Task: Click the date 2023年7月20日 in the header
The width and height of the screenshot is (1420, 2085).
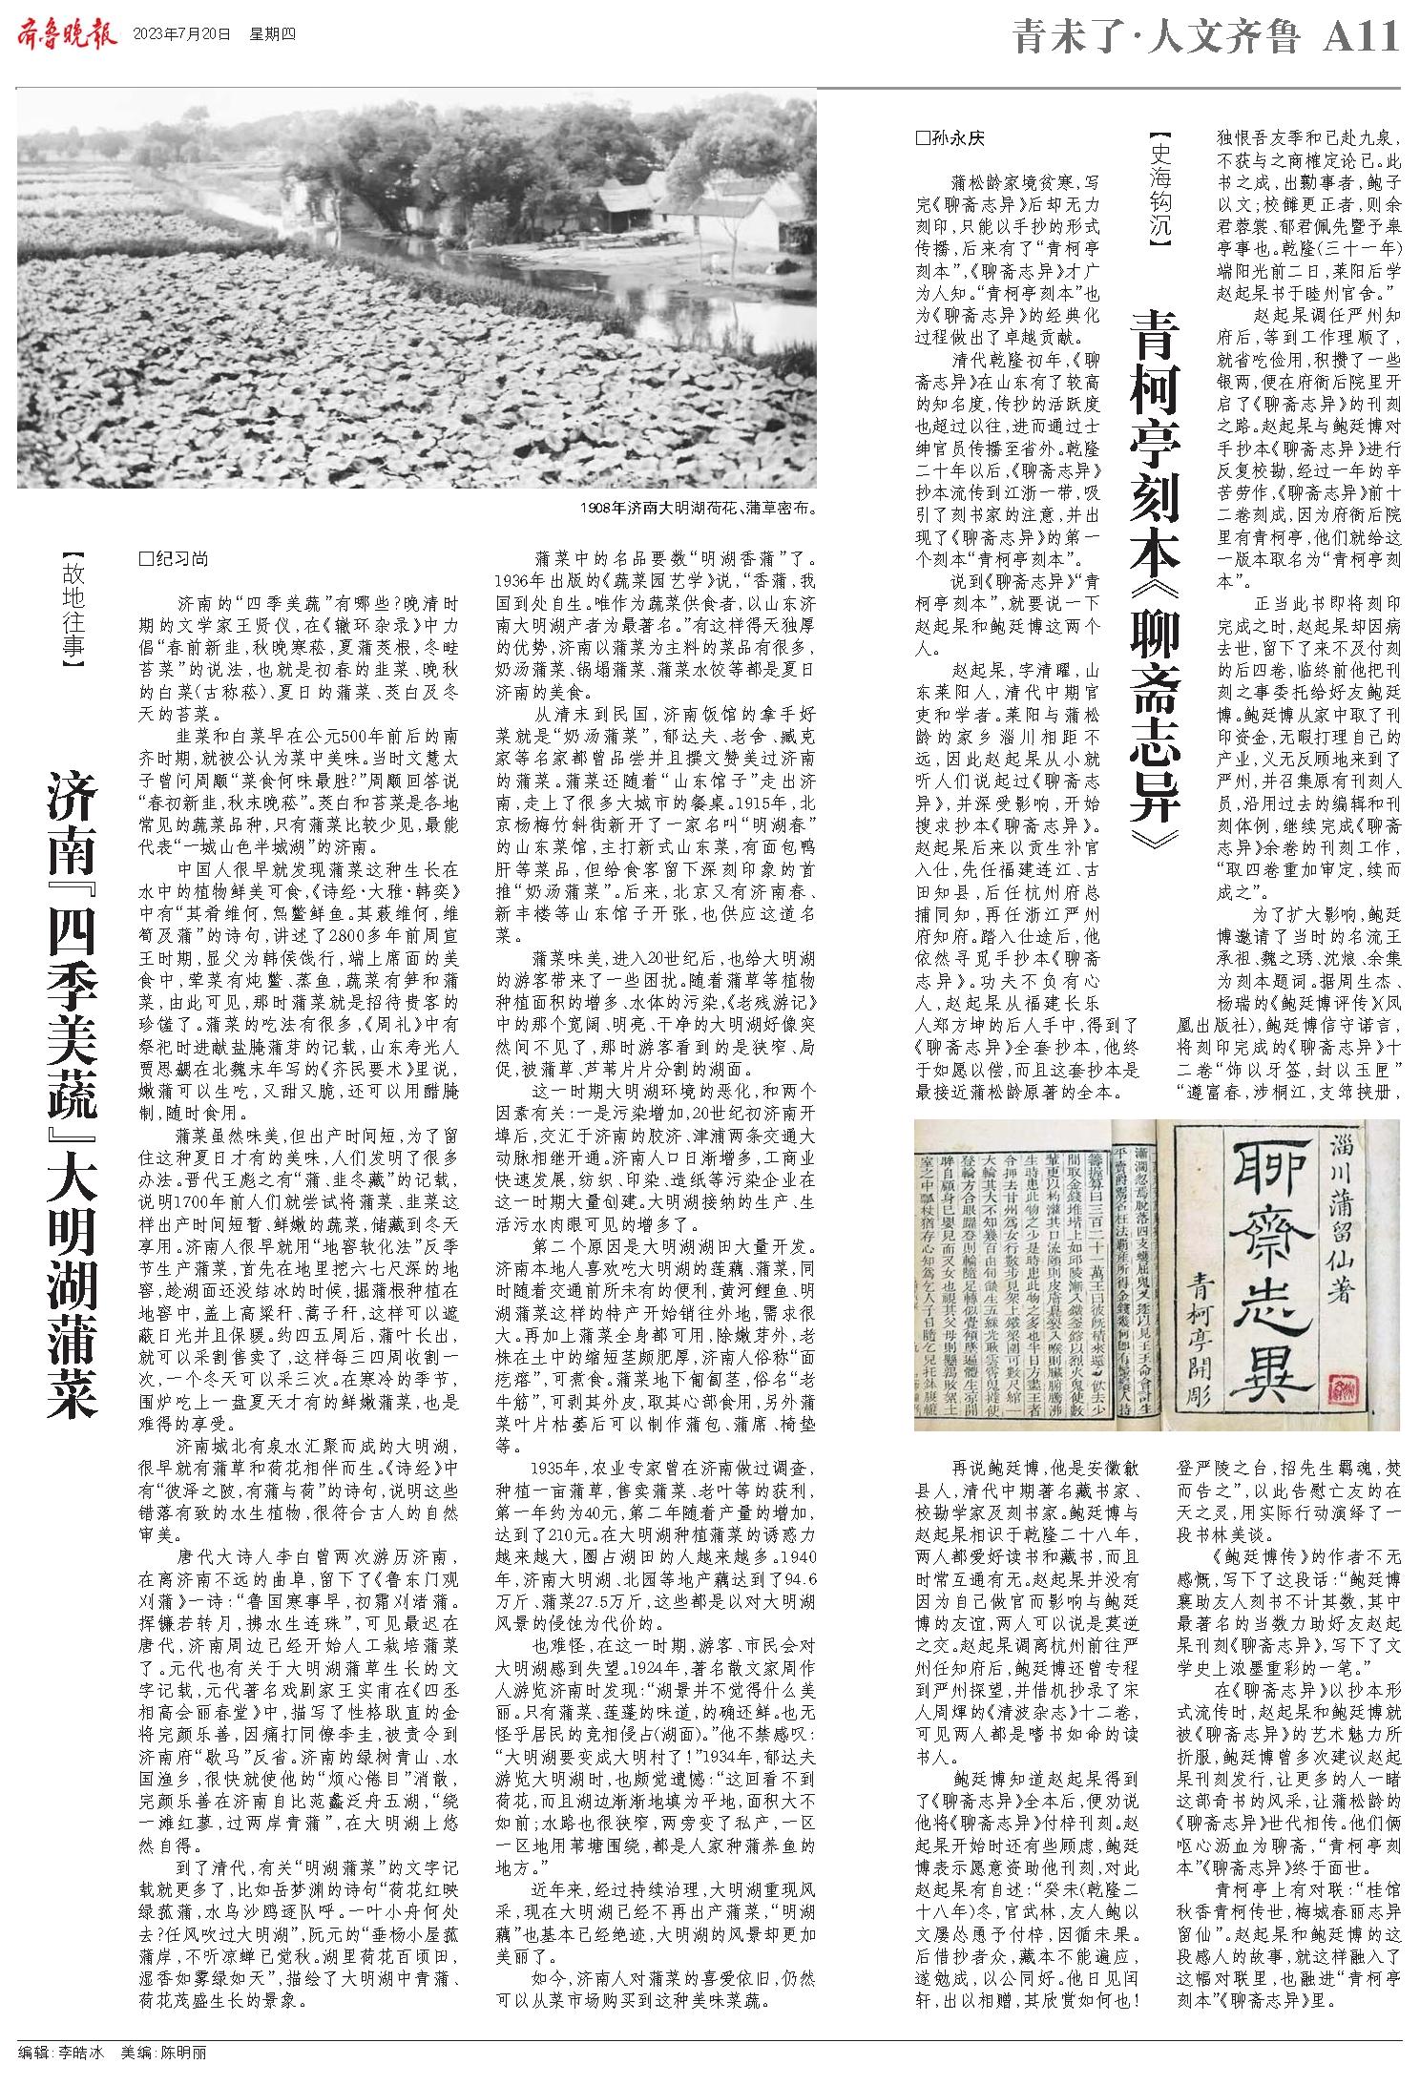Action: coord(182,36)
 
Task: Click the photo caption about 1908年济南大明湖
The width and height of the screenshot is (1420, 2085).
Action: coord(698,508)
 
